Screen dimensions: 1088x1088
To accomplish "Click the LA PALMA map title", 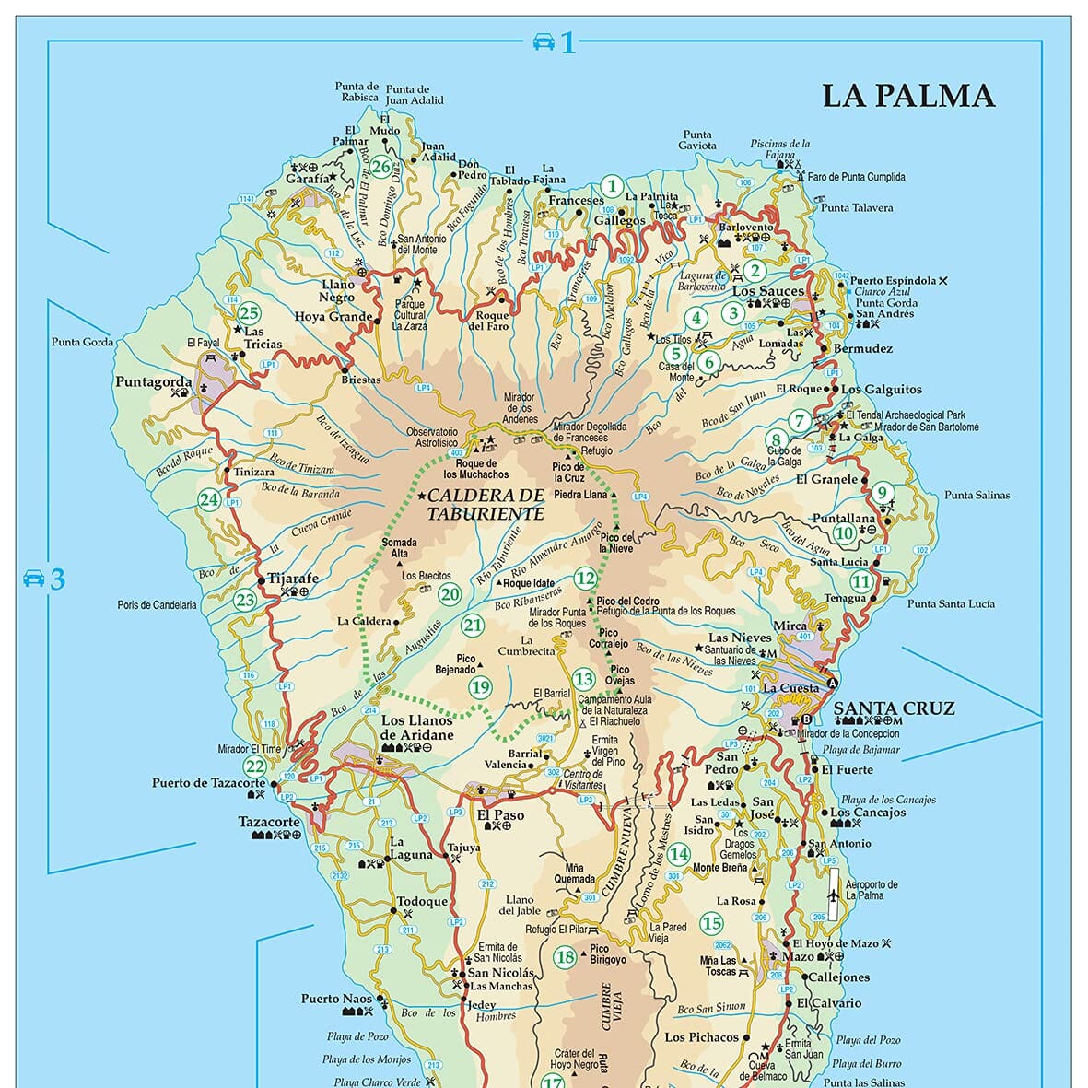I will [907, 96].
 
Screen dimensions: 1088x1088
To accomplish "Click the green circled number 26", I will [381, 167].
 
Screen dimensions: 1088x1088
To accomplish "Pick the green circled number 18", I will [565, 957].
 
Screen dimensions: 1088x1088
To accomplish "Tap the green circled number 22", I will [255, 766].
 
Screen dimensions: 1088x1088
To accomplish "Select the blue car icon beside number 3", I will [34, 579].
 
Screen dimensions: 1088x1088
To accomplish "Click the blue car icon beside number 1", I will [544, 41].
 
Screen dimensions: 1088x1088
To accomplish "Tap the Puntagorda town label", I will [153, 381].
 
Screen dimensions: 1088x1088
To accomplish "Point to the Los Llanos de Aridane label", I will [417, 728].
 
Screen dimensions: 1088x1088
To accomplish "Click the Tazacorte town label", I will [269, 822].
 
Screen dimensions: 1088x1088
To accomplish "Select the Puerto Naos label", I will [336, 999].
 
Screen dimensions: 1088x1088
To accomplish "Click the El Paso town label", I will [500, 814].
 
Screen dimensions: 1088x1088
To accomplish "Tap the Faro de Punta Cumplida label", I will [856, 177].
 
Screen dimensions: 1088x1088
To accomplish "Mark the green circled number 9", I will [882, 493].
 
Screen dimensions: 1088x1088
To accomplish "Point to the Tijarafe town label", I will [293, 579].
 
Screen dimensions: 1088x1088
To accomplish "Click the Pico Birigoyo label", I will [607, 953].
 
